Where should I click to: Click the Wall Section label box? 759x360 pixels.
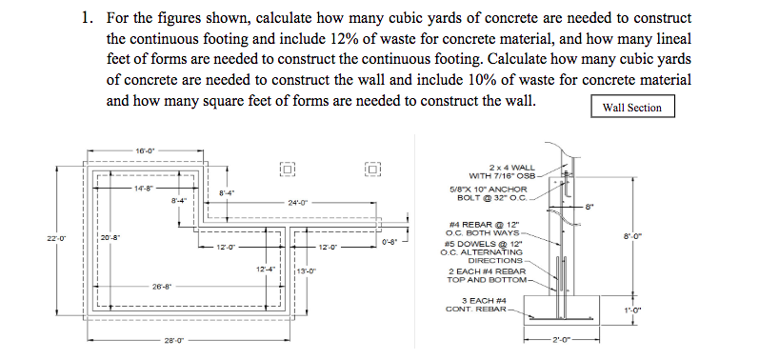(x=632, y=107)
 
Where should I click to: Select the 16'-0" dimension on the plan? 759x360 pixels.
(x=145, y=150)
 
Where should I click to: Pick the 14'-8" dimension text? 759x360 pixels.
(x=144, y=189)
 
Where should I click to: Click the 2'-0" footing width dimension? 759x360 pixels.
(x=562, y=340)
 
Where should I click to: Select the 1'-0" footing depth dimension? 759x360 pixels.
(x=632, y=310)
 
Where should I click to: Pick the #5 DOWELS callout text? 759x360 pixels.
(x=482, y=251)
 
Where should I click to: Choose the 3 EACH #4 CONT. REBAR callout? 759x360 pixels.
(x=476, y=305)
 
